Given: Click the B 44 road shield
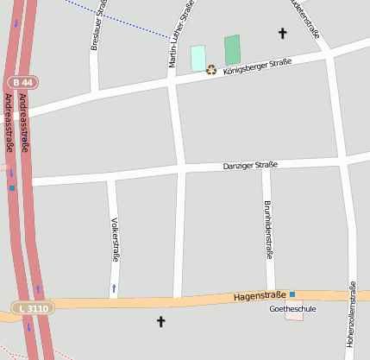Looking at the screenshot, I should point(23,83).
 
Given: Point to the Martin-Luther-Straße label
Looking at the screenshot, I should point(179,35).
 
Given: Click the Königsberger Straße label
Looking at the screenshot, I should point(257,66).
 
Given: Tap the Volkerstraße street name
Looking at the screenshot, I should point(115,239).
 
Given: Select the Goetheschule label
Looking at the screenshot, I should point(293,308).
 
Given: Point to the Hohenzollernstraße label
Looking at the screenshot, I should point(352,316).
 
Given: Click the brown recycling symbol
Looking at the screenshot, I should point(211,70).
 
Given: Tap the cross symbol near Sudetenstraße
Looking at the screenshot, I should point(281,34).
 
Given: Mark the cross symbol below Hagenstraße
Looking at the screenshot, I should point(160,322).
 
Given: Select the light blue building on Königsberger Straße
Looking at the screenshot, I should point(198,58).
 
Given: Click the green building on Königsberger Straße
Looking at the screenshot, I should point(232,50).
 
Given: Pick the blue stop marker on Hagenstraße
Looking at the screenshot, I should point(292,294).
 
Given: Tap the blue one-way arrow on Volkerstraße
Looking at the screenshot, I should point(114,287).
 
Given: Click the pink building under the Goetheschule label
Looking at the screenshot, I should point(294,317).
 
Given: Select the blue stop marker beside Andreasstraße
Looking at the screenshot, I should point(12,187).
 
